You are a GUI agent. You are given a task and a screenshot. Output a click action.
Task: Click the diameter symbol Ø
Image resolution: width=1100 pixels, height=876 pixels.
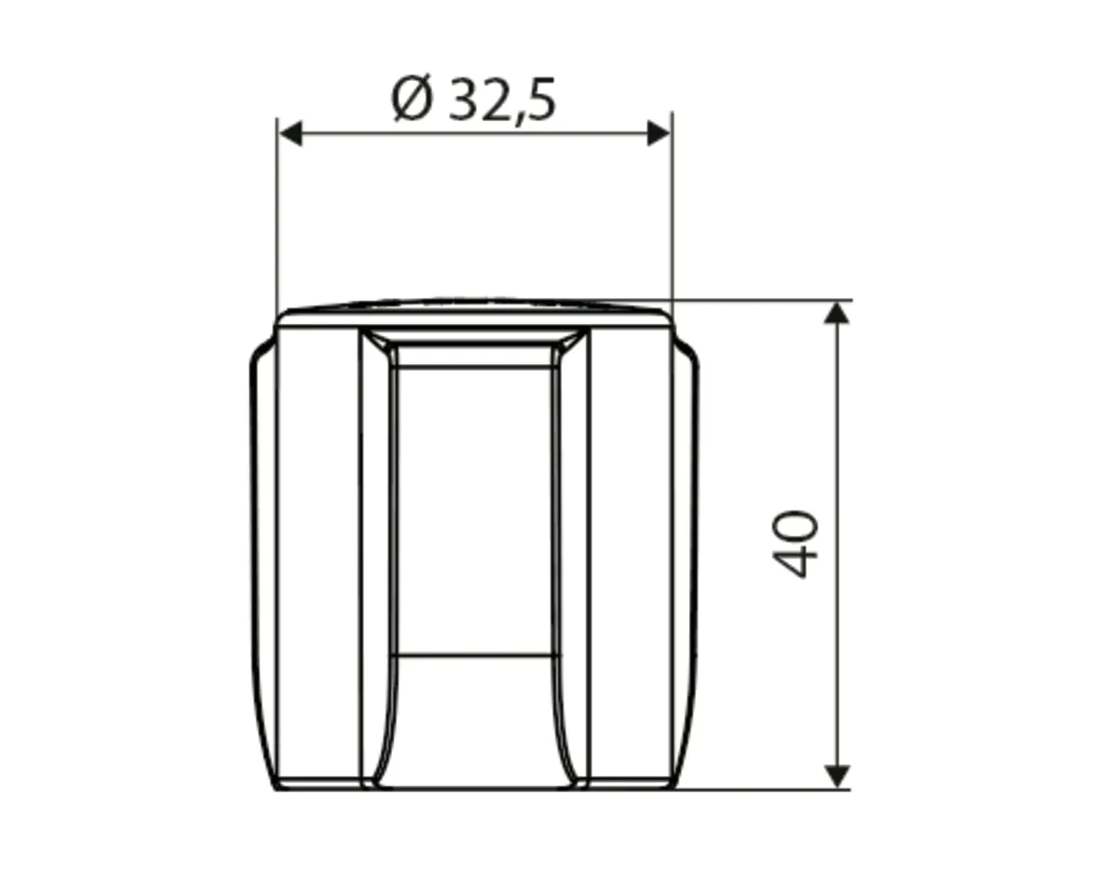pyautogui.click(x=411, y=100)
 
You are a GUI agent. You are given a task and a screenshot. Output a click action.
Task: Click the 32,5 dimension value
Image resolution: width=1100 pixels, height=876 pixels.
pyautogui.click(x=502, y=101)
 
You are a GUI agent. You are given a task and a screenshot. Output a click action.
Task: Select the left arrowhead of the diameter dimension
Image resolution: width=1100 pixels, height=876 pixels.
pyautogui.click(x=291, y=132)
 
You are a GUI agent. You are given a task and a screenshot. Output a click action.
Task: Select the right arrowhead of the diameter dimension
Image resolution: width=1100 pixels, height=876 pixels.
pyautogui.click(x=659, y=132)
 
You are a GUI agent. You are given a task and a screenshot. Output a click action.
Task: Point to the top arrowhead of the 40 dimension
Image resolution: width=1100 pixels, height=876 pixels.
pyautogui.click(x=835, y=313)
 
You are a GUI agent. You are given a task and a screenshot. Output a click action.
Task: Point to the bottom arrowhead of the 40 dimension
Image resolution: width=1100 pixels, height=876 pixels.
pyautogui.click(x=835, y=776)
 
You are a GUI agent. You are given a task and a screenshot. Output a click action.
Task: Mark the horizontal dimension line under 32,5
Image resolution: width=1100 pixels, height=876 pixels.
pyautogui.click(x=475, y=132)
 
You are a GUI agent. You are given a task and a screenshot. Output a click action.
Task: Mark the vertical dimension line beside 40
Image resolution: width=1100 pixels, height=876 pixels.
pyautogui.click(x=835, y=545)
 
